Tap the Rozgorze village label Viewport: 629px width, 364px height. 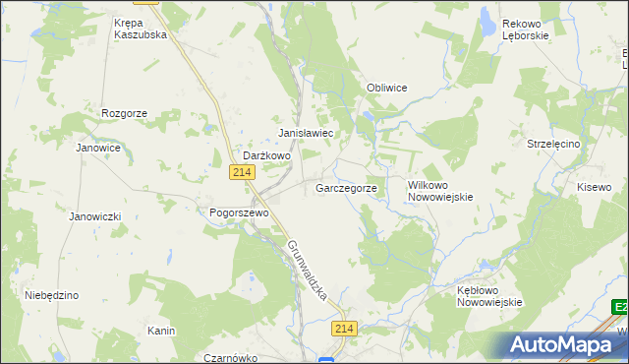124,113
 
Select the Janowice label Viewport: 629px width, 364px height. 98,148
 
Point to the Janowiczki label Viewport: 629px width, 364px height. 94,215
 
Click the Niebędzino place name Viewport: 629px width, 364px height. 51,295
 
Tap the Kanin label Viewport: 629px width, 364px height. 161,331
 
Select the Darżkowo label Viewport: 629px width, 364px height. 267,155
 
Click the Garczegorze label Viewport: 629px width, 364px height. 346,187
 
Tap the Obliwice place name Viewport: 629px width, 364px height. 386,88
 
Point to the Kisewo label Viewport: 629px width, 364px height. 594,187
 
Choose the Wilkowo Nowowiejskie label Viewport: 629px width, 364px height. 440,190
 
